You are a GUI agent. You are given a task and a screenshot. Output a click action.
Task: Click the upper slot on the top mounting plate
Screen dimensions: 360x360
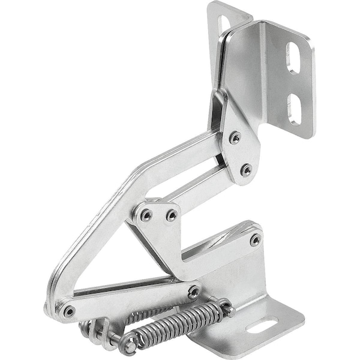click(x=293, y=58)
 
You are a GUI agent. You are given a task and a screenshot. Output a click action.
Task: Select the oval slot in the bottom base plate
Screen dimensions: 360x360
click(x=262, y=326)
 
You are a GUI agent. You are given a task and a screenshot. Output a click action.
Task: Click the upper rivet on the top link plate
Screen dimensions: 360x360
click(x=235, y=138)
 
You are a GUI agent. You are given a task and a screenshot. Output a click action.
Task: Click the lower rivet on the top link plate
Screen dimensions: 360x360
click(x=246, y=170)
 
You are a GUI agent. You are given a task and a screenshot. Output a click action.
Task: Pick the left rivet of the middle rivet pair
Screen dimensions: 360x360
click(x=145, y=214)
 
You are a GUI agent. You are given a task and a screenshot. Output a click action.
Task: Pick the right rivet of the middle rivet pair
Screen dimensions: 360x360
click(x=172, y=215)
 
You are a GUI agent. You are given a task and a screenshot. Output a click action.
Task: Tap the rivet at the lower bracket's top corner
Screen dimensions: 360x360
click(x=255, y=239)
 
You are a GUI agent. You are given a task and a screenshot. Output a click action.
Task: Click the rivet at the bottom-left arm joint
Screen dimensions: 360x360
click(x=70, y=311)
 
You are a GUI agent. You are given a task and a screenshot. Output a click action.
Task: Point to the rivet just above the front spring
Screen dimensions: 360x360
click(x=193, y=293)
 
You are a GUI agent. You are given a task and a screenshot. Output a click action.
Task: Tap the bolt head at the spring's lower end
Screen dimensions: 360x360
click(x=128, y=346)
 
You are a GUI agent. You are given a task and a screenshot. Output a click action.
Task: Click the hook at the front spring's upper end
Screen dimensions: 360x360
click(x=225, y=308)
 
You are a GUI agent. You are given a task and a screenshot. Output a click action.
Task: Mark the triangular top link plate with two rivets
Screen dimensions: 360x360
click(x=237, y=144)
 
